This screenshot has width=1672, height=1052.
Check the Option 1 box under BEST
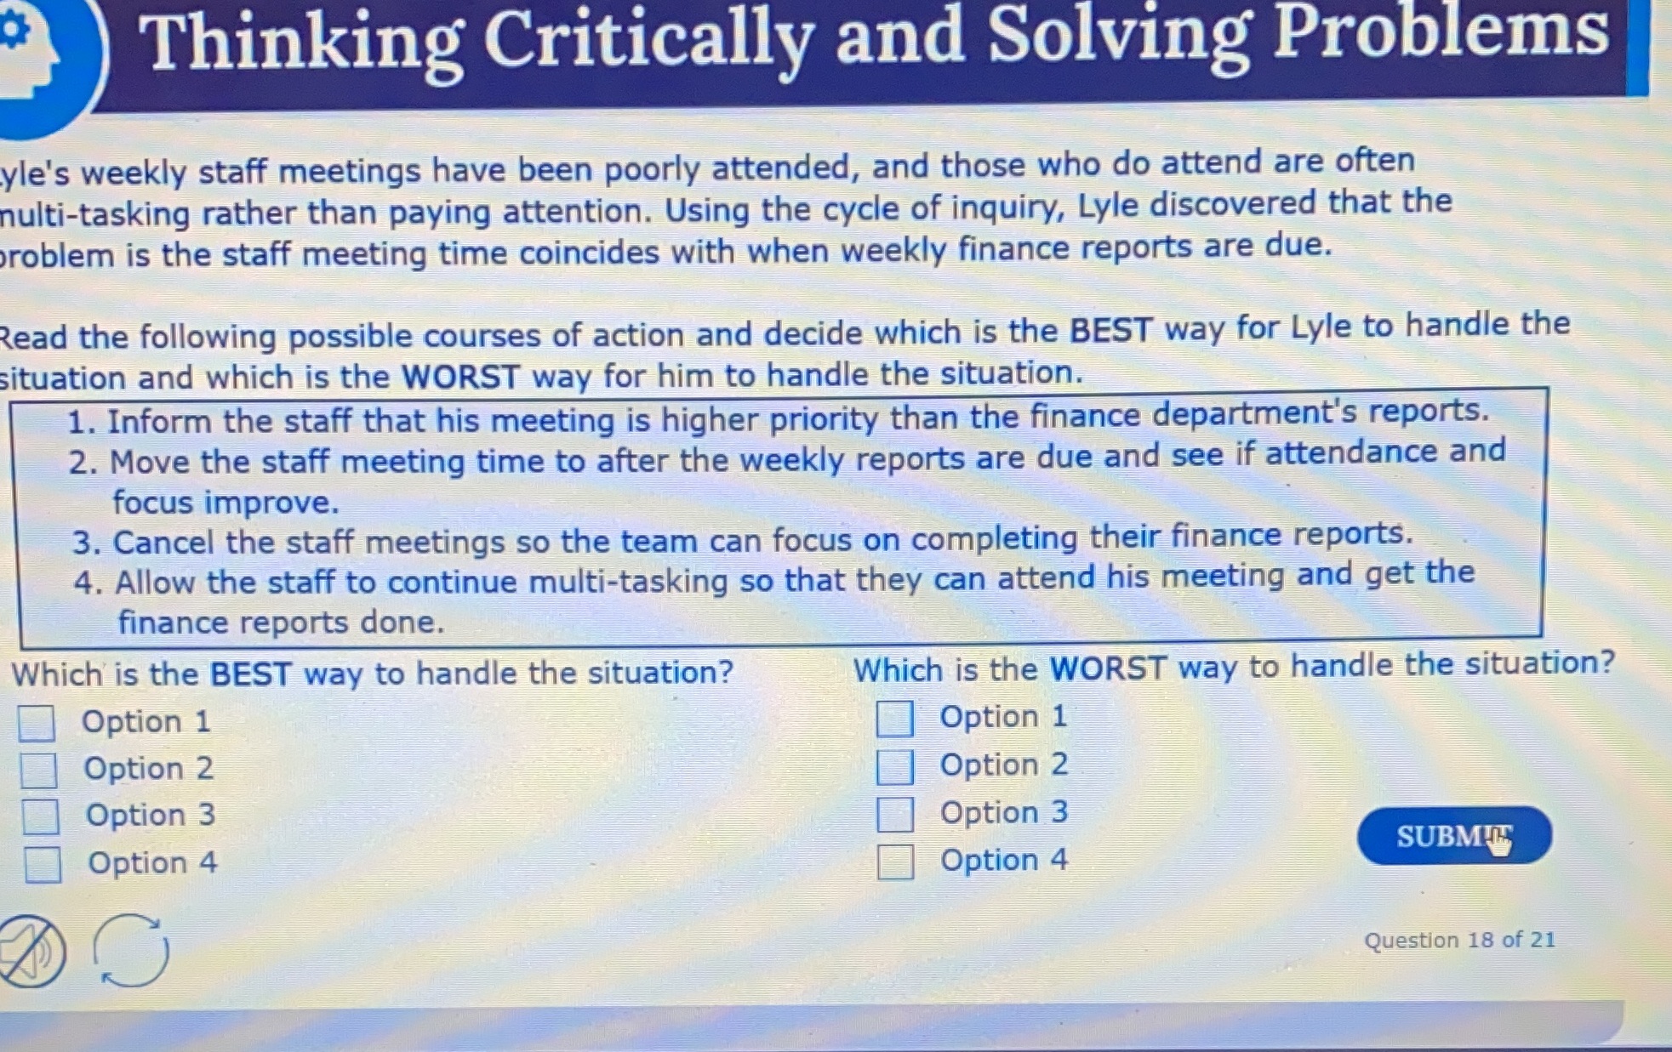(x=37, y=723)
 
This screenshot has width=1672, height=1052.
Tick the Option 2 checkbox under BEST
(x=39, y=770)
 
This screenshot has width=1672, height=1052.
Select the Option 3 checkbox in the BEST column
(x=41, y=816)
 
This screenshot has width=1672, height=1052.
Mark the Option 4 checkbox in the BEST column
(x=43, y=865)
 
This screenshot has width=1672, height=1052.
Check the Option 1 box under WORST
(x=895, y=719)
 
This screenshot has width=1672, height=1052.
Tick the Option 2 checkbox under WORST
(x=895, y=766)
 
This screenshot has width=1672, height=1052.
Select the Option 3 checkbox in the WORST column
(x=895, y=814)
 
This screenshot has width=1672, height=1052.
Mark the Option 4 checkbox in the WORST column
(x=895, y=862)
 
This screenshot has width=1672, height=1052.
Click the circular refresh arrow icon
(x=130, y=950)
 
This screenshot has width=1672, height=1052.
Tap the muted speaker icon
(x=31, y=951)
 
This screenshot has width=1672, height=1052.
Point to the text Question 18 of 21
(x=1459, y=940)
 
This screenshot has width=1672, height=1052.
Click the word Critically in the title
(x=648, y=41)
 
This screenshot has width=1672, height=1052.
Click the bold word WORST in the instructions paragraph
(x=460, y=377)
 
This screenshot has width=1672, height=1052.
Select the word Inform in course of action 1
(x=159, y=421)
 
